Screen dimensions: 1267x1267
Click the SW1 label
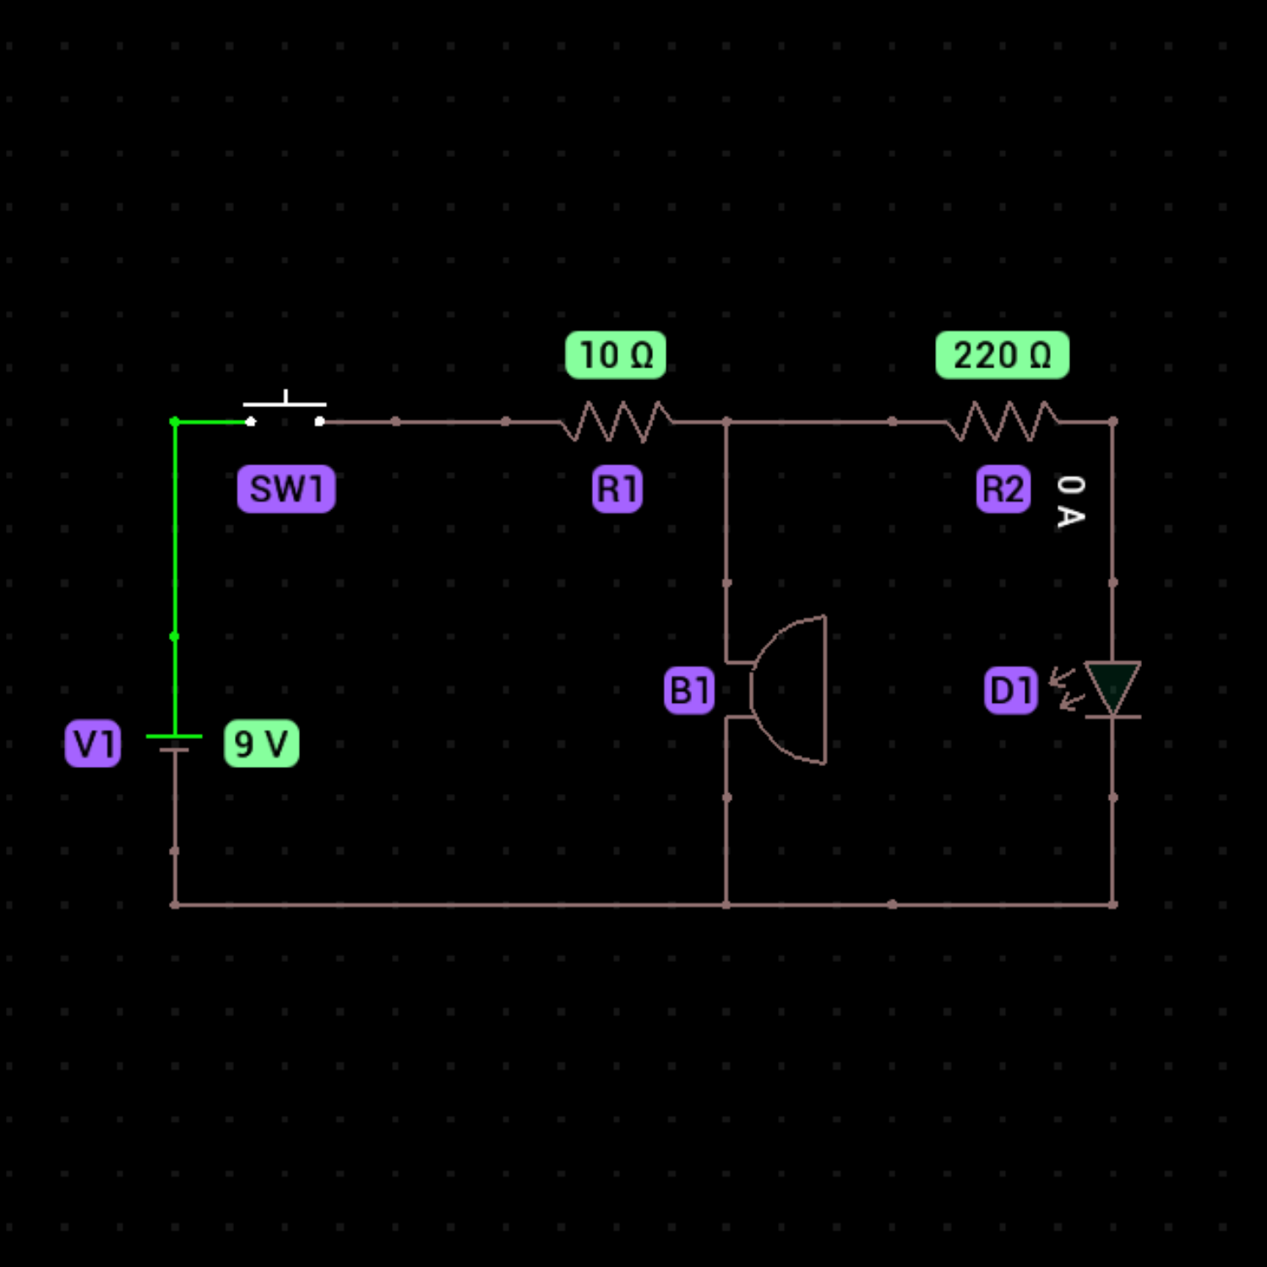tap(285, 489)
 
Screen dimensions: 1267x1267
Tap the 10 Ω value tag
tap(615, 355)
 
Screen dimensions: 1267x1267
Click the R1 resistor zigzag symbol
tap(617, 421)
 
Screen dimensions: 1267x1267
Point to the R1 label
tap(617, 489)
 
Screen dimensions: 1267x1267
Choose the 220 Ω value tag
tap(1002, 355)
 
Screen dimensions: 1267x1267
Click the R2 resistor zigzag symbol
tap(1002, 421)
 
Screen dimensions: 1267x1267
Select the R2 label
tap(1003, 489)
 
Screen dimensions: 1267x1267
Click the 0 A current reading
tap(1070, 501)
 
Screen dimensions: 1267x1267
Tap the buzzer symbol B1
tap(786, 689)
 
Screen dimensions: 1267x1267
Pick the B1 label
tap(689, 690)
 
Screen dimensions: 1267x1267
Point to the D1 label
tap(1010, 690)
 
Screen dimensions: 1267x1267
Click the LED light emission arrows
tap(1065, 688)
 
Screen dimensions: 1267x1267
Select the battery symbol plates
tap(174, 742)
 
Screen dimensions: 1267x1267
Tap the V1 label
tap(93, 743)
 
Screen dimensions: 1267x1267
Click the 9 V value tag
tap(261, 743)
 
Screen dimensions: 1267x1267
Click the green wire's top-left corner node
tap(175, 421)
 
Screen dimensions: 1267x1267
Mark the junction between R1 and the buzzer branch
tap(726, 421)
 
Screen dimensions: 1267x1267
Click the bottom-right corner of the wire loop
tap(1112, 904)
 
